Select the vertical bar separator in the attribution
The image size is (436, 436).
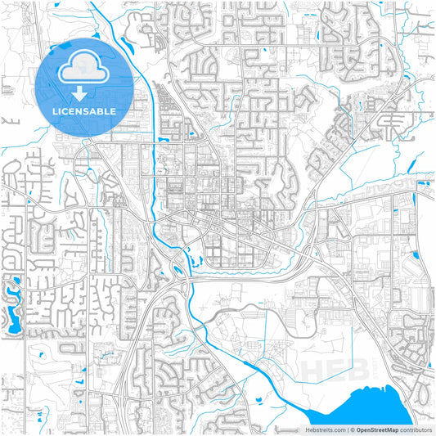click(x=346, y=429)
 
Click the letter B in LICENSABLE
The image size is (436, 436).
click(x=105, y=110)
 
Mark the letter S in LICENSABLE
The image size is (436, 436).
click(x=88, y=110)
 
